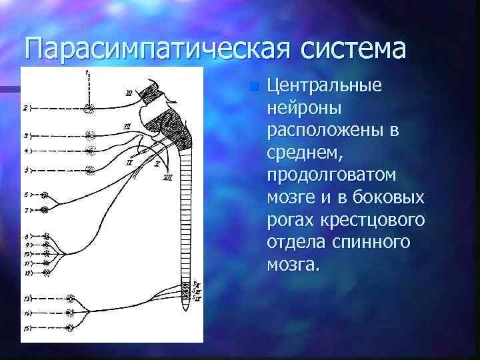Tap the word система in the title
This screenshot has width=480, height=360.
pos(354,48)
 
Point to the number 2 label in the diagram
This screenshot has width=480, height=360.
pos(25,107)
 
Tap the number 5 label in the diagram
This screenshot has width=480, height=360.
pos(25,171)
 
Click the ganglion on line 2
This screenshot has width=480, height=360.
pos(89,107)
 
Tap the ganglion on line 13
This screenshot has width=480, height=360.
pos(71,298)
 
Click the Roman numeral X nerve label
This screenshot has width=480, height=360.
pos(157,162)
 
